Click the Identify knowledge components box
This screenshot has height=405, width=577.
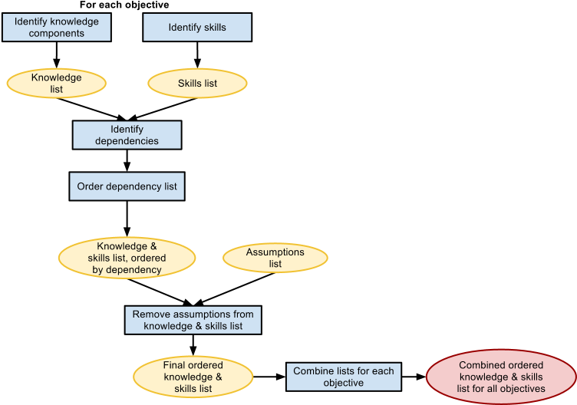coord(57,28)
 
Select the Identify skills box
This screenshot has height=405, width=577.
coord(197,28)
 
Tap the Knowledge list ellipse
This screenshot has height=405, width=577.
coord(57,83)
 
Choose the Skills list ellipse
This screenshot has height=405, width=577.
coord(197,83)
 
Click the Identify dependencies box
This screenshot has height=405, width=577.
coord(127,135)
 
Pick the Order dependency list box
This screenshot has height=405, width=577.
coord(127,186)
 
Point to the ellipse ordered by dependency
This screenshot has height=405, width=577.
coord(127,258)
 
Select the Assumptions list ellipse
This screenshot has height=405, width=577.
coord(275,258)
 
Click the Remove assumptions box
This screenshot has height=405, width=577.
coord(193,320)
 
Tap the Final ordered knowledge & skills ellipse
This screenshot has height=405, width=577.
coord(193,377)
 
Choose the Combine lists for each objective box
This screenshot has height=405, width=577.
coord(344,377)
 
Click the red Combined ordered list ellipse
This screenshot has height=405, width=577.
coord(501,377)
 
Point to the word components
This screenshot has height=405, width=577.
coord(57,34)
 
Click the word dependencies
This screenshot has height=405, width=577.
coord(127,141)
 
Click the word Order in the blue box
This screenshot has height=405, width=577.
coord(91,186)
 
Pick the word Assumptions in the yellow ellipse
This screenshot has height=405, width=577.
coord(275,252)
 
